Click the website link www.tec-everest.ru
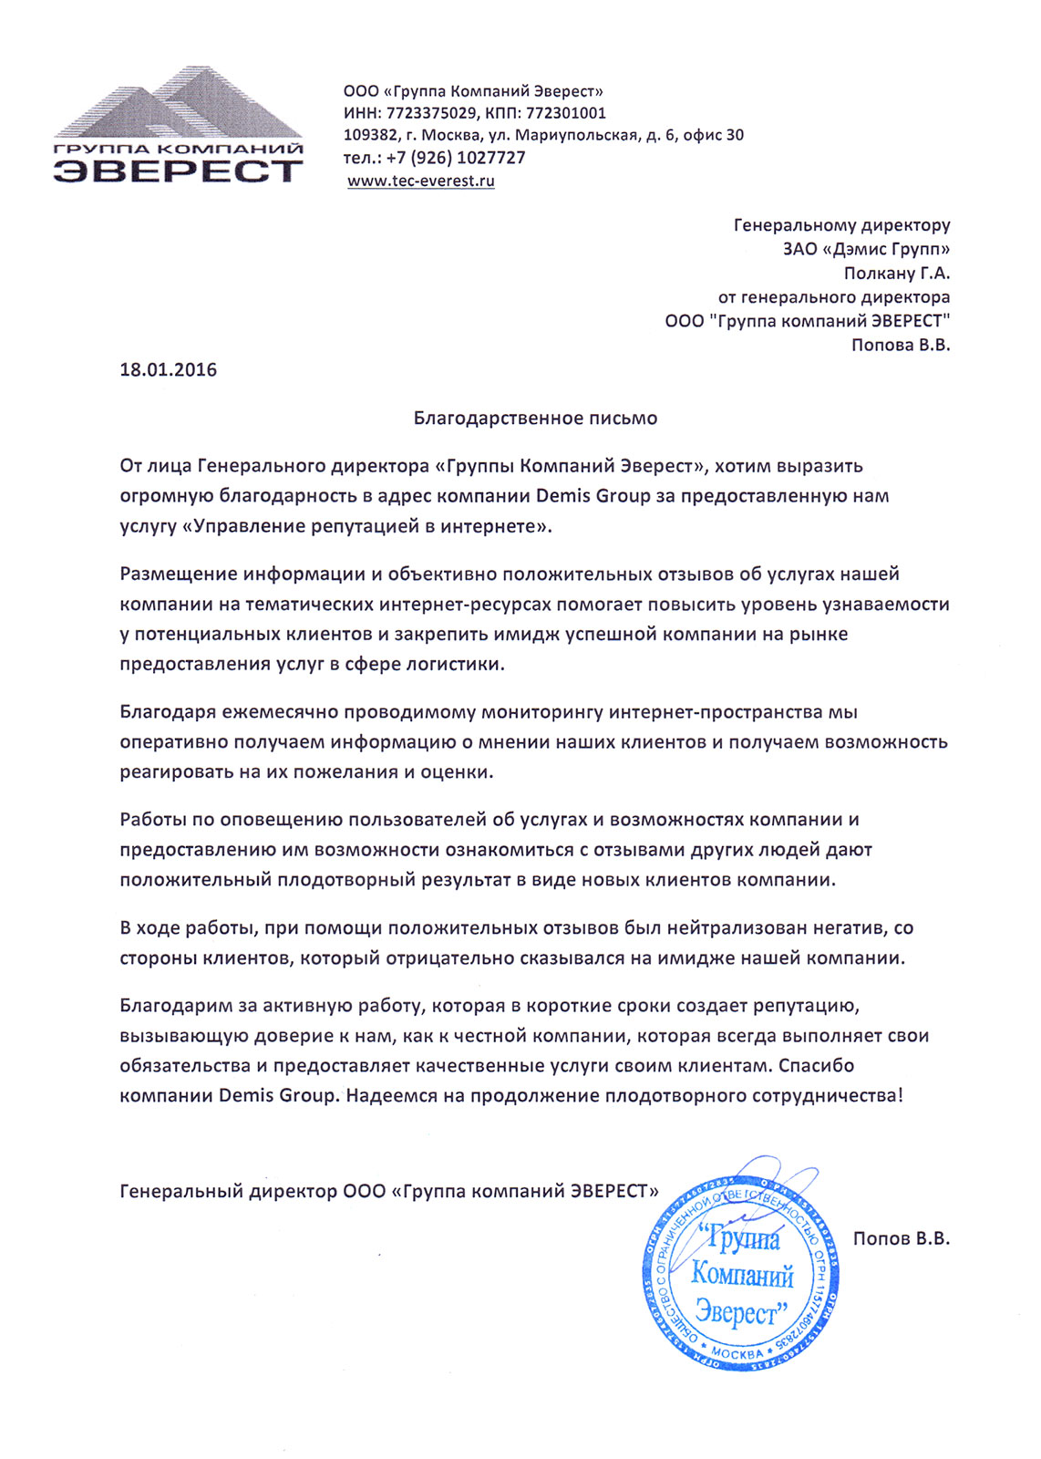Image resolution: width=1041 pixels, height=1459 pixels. point(421,181)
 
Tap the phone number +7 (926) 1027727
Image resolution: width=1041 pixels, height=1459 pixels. point(456,158)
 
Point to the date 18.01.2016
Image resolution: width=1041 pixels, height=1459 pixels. point(169,369)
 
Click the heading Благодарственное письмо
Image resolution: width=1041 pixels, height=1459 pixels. point(535,419)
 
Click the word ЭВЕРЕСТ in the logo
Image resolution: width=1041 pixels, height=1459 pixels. point(178,171)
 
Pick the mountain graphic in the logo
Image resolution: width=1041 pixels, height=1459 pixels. point(178,105)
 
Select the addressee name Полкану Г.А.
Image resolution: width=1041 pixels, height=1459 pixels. point(896,273)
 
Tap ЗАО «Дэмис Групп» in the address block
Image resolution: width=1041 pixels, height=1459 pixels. point(866,249)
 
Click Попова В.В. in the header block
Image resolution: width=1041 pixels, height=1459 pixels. point(900,345)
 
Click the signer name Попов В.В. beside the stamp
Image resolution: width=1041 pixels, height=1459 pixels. point(901,1238)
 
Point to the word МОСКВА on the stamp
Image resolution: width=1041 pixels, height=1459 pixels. point(737,1353)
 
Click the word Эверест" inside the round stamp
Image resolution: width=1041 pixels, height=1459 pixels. point(739,1313)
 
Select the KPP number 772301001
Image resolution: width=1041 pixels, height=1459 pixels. point(564,113)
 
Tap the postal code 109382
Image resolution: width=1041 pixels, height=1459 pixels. point(369,135)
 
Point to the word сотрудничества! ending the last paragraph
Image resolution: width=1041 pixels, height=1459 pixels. point(827,1095)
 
